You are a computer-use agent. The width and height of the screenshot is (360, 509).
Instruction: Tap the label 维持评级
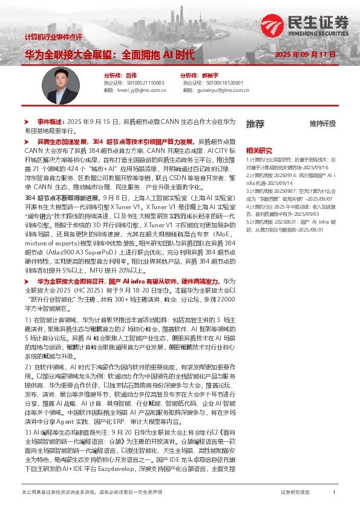coord(322,123)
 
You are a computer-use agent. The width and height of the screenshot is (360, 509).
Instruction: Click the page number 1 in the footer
coord(334,493)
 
